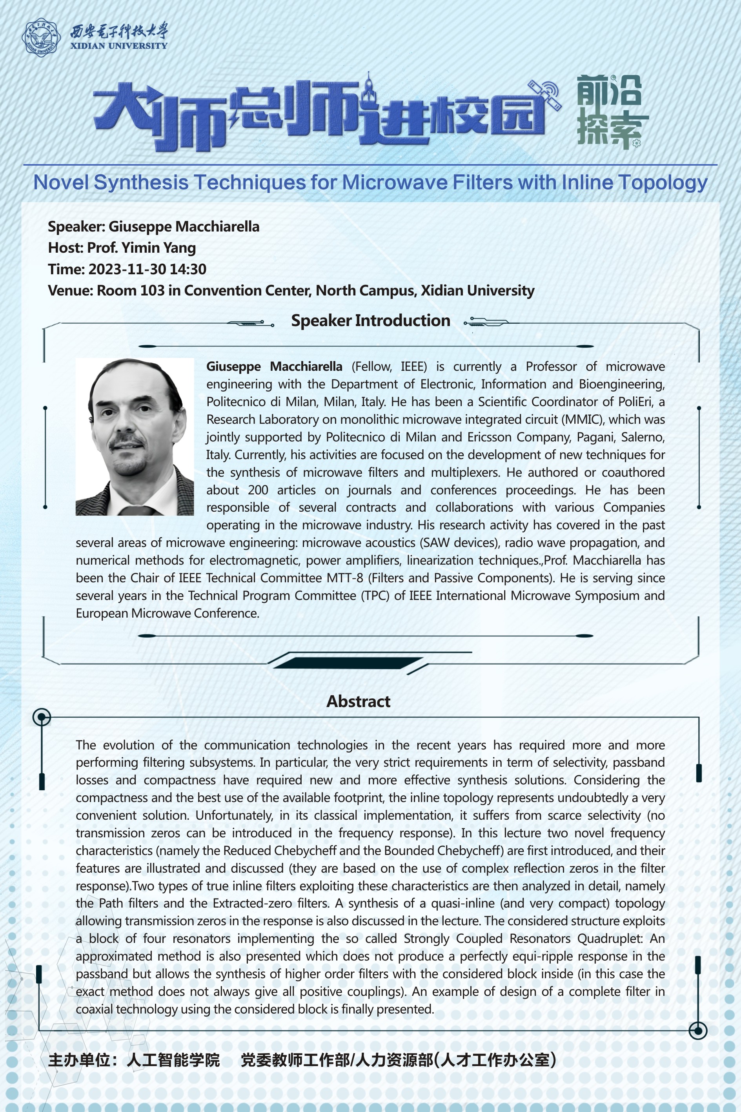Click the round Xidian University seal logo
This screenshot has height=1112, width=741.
point(41,38)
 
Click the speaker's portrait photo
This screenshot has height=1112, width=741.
point(135,437)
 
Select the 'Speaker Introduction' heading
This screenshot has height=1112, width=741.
point(370,321)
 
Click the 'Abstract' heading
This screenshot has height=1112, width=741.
point(358,701)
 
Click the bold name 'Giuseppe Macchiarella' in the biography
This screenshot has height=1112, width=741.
point(274,367)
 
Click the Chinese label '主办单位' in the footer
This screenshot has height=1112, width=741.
point(78,1059)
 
